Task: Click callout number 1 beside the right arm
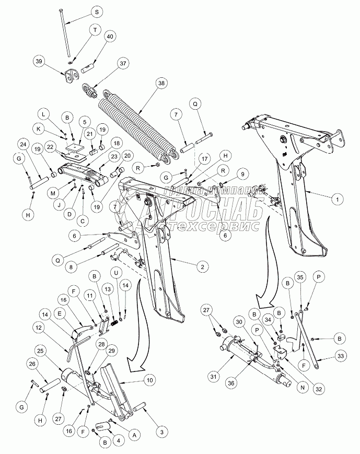tap(337, 199)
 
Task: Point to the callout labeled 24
tap(24, 145)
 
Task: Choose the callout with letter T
tap(96, 31)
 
